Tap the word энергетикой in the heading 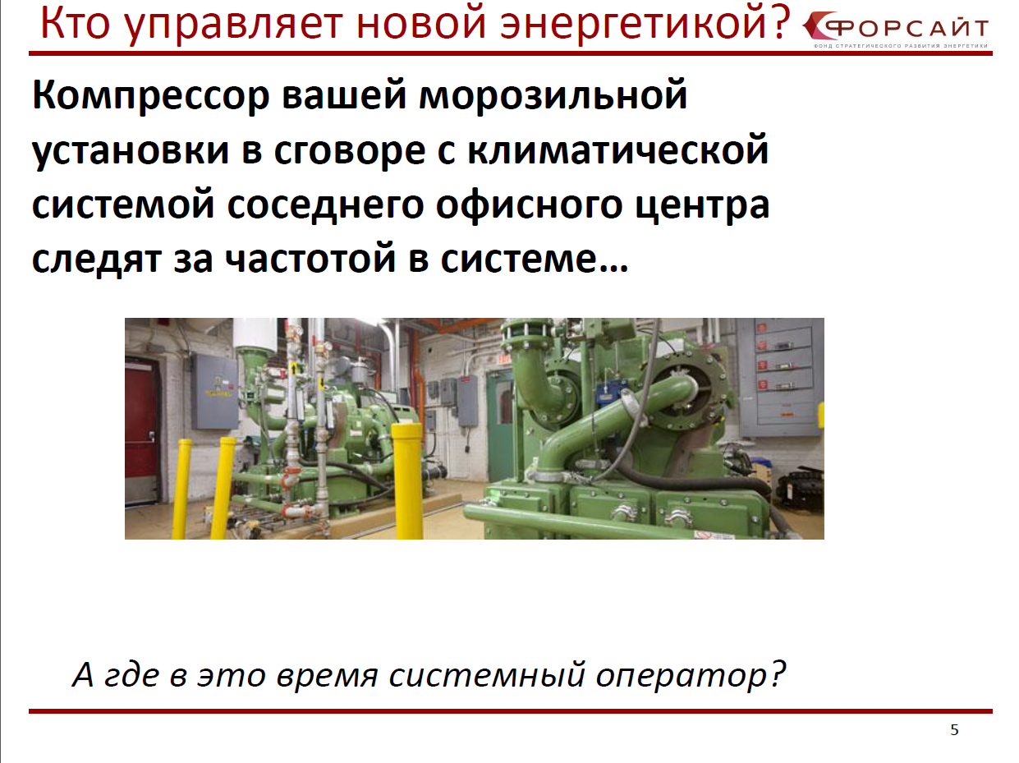tap(631, 23)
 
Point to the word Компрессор tap(151, 95)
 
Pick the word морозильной tap(553, 95)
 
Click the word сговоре tap(349, 150)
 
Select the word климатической tap(618, 149)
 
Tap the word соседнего tap(325, 205)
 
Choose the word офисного tap(530, 205)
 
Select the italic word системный tap(486, 674)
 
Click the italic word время tap(327, 674)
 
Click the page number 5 tap(954, 730)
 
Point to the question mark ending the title tap(780, 22)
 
